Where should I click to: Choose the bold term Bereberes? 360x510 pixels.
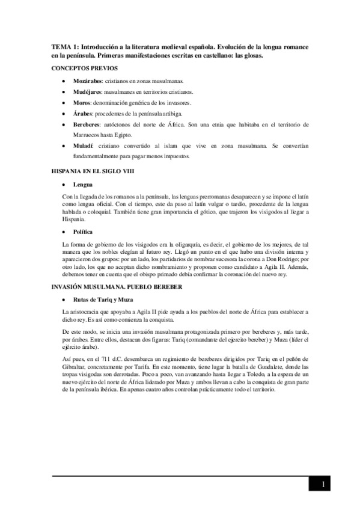pos(87,124)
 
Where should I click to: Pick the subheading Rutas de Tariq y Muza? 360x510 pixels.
pos(103,299)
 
